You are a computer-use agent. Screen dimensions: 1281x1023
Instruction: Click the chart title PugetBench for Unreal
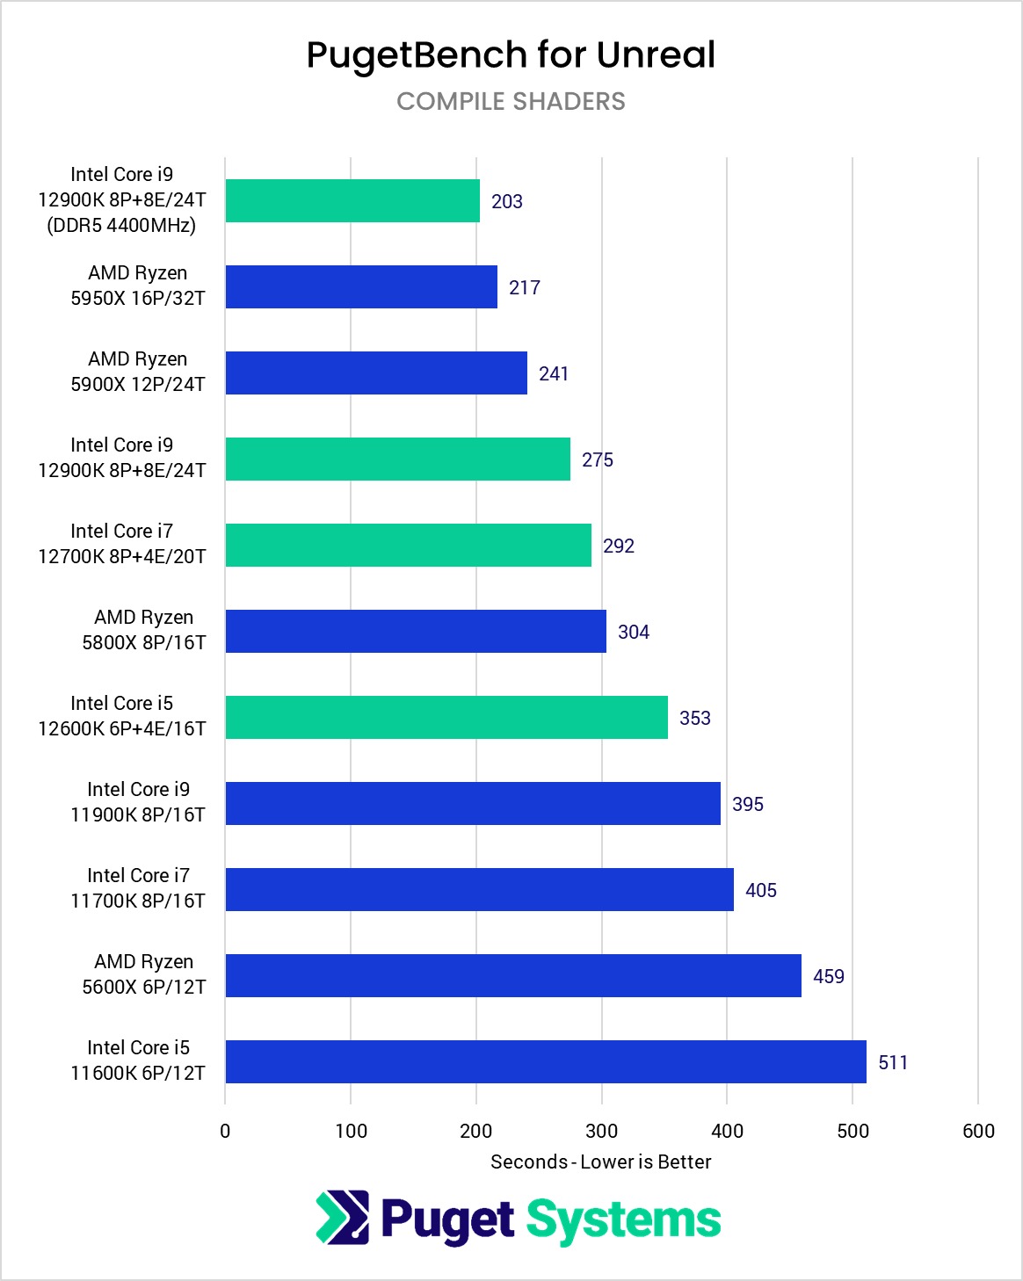tap(511, 55)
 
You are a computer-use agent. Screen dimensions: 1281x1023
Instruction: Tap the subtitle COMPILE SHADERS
tap(511, 102)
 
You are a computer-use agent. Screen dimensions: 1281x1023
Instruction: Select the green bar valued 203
tap(352, 201)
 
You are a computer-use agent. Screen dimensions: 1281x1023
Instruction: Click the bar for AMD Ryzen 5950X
tap(361, 287)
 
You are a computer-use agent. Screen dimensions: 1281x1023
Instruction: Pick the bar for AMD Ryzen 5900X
tap(376, 373)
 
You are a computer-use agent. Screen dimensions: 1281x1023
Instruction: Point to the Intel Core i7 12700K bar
tap(408, 546)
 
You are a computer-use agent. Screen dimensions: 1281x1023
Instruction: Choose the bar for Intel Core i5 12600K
tap(446, 718)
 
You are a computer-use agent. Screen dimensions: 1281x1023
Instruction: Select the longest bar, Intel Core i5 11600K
tap(546, 1062)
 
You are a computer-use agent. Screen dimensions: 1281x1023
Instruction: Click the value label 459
tap(829, 976)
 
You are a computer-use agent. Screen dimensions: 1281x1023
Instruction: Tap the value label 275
tap(598, 460)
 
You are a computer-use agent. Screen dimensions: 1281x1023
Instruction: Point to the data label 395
tap(748, 804)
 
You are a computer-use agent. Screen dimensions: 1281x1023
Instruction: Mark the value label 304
tap(634, 632)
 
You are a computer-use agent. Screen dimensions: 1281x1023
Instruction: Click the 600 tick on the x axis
tap(978, 1131)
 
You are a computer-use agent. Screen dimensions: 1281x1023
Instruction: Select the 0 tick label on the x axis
tap(225, 1131)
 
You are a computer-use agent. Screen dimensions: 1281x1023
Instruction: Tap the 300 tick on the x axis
tap(602, 1131)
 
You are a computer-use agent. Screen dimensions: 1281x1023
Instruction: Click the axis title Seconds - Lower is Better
tap(601, 1162)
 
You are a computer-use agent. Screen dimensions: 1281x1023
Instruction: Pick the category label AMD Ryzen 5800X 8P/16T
tap(144, 630)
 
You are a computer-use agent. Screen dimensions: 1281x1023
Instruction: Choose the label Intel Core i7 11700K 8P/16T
tap(138, 888)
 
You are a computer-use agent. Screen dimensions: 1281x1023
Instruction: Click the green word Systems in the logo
tap(624, 1220)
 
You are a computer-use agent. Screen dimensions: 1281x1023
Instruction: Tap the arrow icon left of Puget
tap(343, 1218)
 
